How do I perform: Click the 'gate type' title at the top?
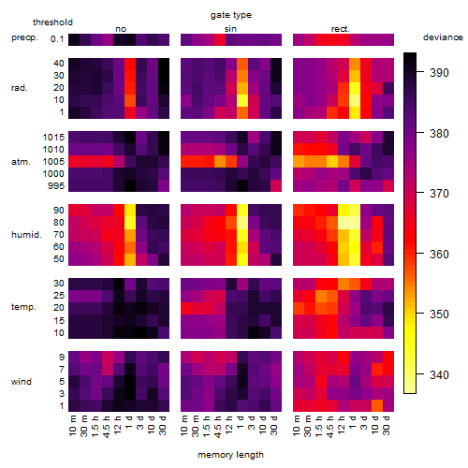[231, 15]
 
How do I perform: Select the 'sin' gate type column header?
[230, 29]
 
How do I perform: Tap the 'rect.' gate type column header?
[341, 29]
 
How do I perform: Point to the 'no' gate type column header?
[121, 29]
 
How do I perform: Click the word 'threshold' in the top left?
[52, 22]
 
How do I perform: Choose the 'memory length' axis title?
[230, 455]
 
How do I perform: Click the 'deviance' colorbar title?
[443, 37]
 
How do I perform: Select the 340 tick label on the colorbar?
[439, 374]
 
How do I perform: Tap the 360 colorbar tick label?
[439, 254]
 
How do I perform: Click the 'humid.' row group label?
[26, 235]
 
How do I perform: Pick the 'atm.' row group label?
[21, 162]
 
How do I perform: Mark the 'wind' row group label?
[22, 381]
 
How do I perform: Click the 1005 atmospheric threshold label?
[53, 162]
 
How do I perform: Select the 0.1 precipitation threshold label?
[57, 39]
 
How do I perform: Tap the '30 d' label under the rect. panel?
[387, 426]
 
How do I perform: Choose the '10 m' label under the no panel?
[72, 426]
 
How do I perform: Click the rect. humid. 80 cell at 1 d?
[355, 223]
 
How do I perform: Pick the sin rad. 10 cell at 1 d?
[242, 100]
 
